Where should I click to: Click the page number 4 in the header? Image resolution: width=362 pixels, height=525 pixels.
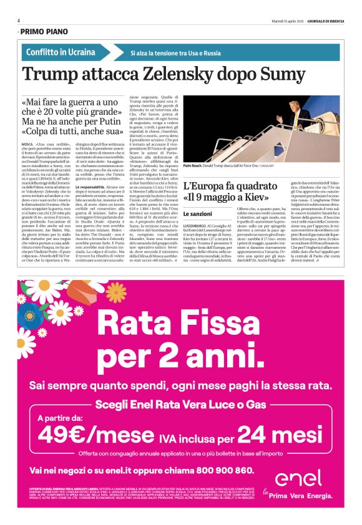tap(19, 21)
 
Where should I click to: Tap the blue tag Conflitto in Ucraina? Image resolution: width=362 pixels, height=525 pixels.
tap(61, 52)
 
